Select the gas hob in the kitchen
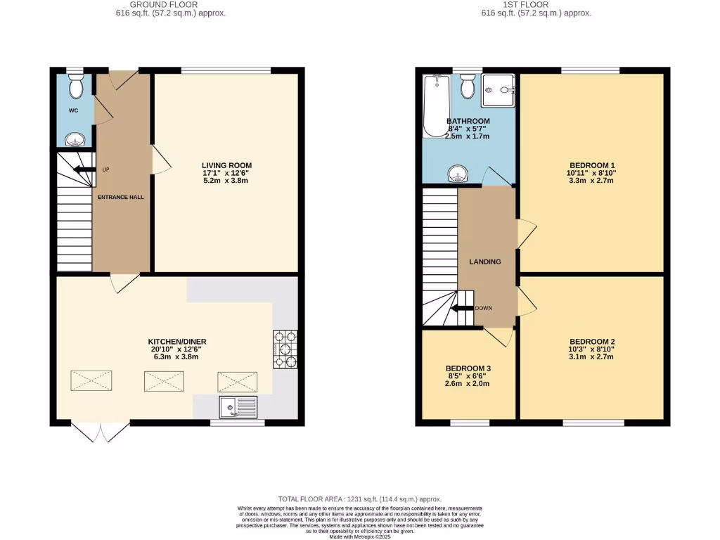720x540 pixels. tap(285, 349)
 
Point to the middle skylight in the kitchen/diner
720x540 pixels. tap(164, 381)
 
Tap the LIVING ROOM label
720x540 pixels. tap(226, 166)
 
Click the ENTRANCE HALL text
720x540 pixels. tap(121, 197)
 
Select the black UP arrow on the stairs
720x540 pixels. tap(83, 169)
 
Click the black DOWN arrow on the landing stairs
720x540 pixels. tap(462, 308)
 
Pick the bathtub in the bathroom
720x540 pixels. tap(436, 105)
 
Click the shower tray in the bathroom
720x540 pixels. tap(499, 91)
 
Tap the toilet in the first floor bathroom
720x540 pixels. tap(467, 88)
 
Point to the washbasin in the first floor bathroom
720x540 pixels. tap(458, 172)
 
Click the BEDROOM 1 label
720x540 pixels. tap(592, 165)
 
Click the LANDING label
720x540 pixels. tap(485, 262)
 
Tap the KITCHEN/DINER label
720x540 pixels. tap(177, 342)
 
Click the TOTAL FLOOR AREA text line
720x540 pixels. tap(359, 498)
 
